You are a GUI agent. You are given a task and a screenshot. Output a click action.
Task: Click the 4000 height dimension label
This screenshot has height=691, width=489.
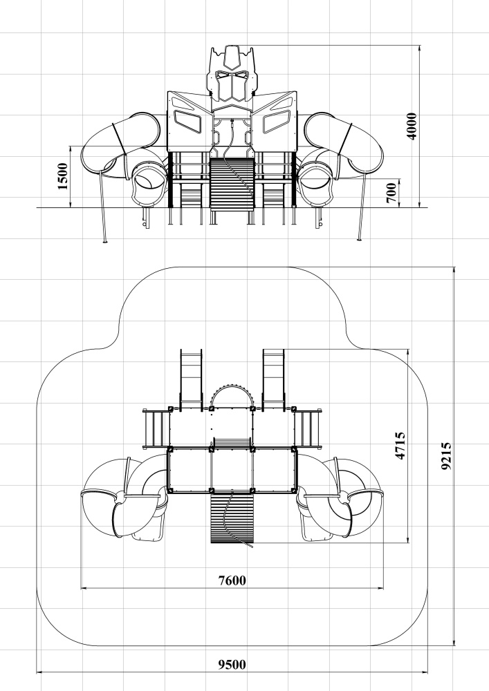(x=411, y=126)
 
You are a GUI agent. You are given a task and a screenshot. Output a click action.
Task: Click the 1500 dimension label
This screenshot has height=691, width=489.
(x=63, y=176)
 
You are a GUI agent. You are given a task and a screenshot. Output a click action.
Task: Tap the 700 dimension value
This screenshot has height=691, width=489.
(x=391, y=193)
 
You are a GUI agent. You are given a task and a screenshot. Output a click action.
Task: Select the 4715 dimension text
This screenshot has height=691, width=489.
(x=400, y=446)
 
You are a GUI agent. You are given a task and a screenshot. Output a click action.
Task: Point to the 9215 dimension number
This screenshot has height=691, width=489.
(x=446, y=456)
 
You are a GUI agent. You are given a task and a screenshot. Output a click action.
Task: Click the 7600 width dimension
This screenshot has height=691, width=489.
(x=232, y=580)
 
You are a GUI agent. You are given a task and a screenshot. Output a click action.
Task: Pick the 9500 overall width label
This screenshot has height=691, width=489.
(x=232, y=664)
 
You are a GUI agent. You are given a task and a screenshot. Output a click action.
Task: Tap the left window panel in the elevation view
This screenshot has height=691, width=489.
(x=188, y=122)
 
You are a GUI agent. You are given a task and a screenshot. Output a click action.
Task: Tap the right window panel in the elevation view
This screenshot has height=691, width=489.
(x=276, y=122)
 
